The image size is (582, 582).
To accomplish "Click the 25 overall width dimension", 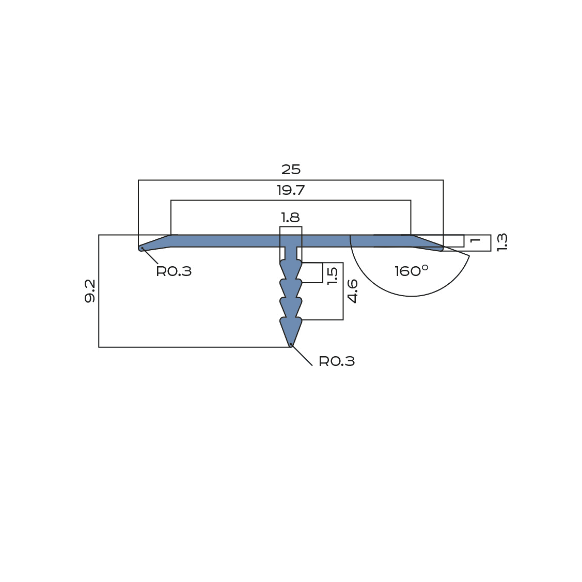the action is [x=291, y=170].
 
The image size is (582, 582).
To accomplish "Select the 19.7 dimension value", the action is [x=291, y=191].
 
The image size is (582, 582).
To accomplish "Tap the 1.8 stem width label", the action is [x=290, y=218].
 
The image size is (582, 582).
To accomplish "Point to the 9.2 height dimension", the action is [x=90, y=291].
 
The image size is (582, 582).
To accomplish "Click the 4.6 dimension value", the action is [x=352, y=291].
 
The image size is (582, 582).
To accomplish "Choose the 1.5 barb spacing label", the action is [x=332, y=276].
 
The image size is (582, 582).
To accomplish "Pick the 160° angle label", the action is [x=411, y=271].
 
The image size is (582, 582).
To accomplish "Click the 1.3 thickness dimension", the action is [x=502, y=242].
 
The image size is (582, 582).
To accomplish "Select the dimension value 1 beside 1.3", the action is [x=475, y=241].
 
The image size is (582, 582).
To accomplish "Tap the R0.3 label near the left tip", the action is [x=174, y=271].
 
